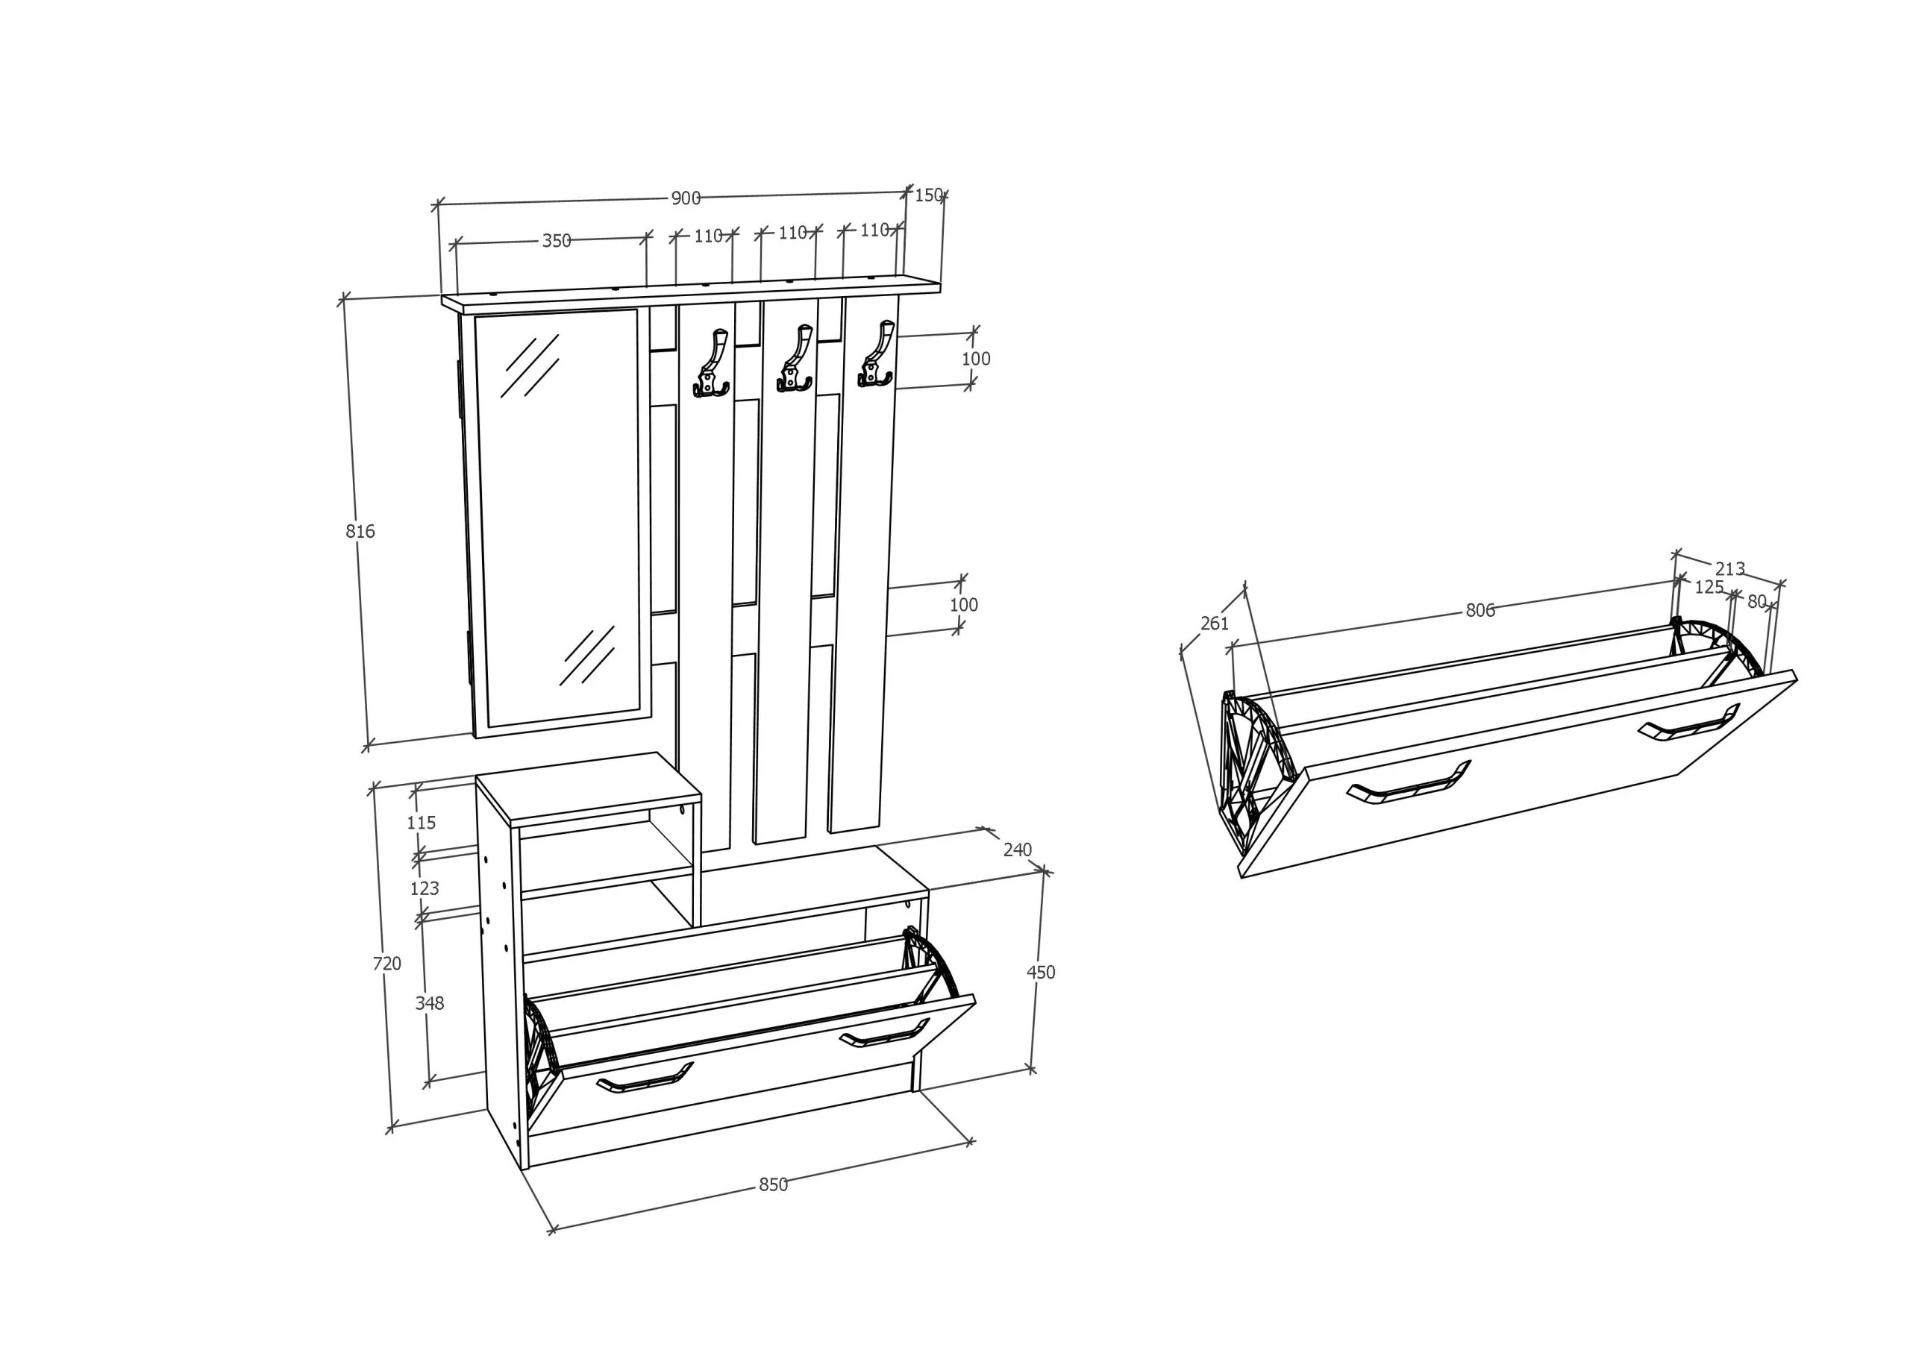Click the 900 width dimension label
tap(686, 198)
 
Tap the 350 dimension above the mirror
tap(557, 240)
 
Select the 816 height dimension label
tap(360, 531)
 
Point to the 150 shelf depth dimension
tap(928, 195)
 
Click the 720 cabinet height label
tap(386, 963)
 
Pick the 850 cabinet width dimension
tap(773, 1184)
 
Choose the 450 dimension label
tap(1041, 972)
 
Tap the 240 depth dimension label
tap(1018, 850)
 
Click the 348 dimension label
tap(429, 1003)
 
